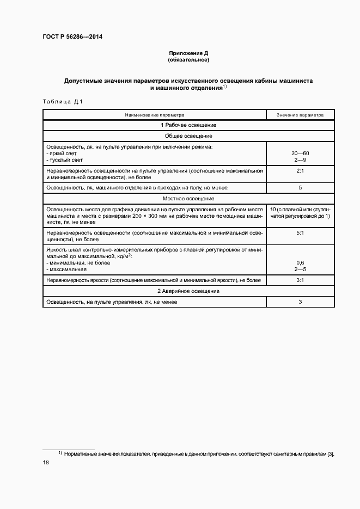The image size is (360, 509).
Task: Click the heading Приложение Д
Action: coord(188,53)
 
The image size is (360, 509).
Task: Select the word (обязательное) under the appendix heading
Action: coord(188,60)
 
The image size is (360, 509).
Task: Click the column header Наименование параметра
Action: coord(155,115)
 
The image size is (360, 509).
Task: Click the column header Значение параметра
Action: coord(300,115)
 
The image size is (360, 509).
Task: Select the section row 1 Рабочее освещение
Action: coord(188,125)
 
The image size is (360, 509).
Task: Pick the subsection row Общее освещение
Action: coord(188,136)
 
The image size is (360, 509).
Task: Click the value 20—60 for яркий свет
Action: coord(300,154)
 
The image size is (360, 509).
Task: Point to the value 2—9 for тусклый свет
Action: coord(300,160)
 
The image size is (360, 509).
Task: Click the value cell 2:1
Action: coord(300,170)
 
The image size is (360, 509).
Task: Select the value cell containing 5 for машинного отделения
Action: coord(300,188)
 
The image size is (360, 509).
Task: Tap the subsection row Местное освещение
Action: coord(188,198)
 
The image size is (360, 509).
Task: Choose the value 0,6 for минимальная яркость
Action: coord(300,263)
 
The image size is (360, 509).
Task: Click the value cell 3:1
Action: coord(300,280)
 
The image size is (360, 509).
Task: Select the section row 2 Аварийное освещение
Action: coord(188,291)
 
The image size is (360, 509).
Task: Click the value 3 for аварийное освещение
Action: coord(300,302)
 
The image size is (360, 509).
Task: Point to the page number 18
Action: coord(46,463)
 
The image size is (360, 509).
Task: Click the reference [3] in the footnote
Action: coord(330,453)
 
